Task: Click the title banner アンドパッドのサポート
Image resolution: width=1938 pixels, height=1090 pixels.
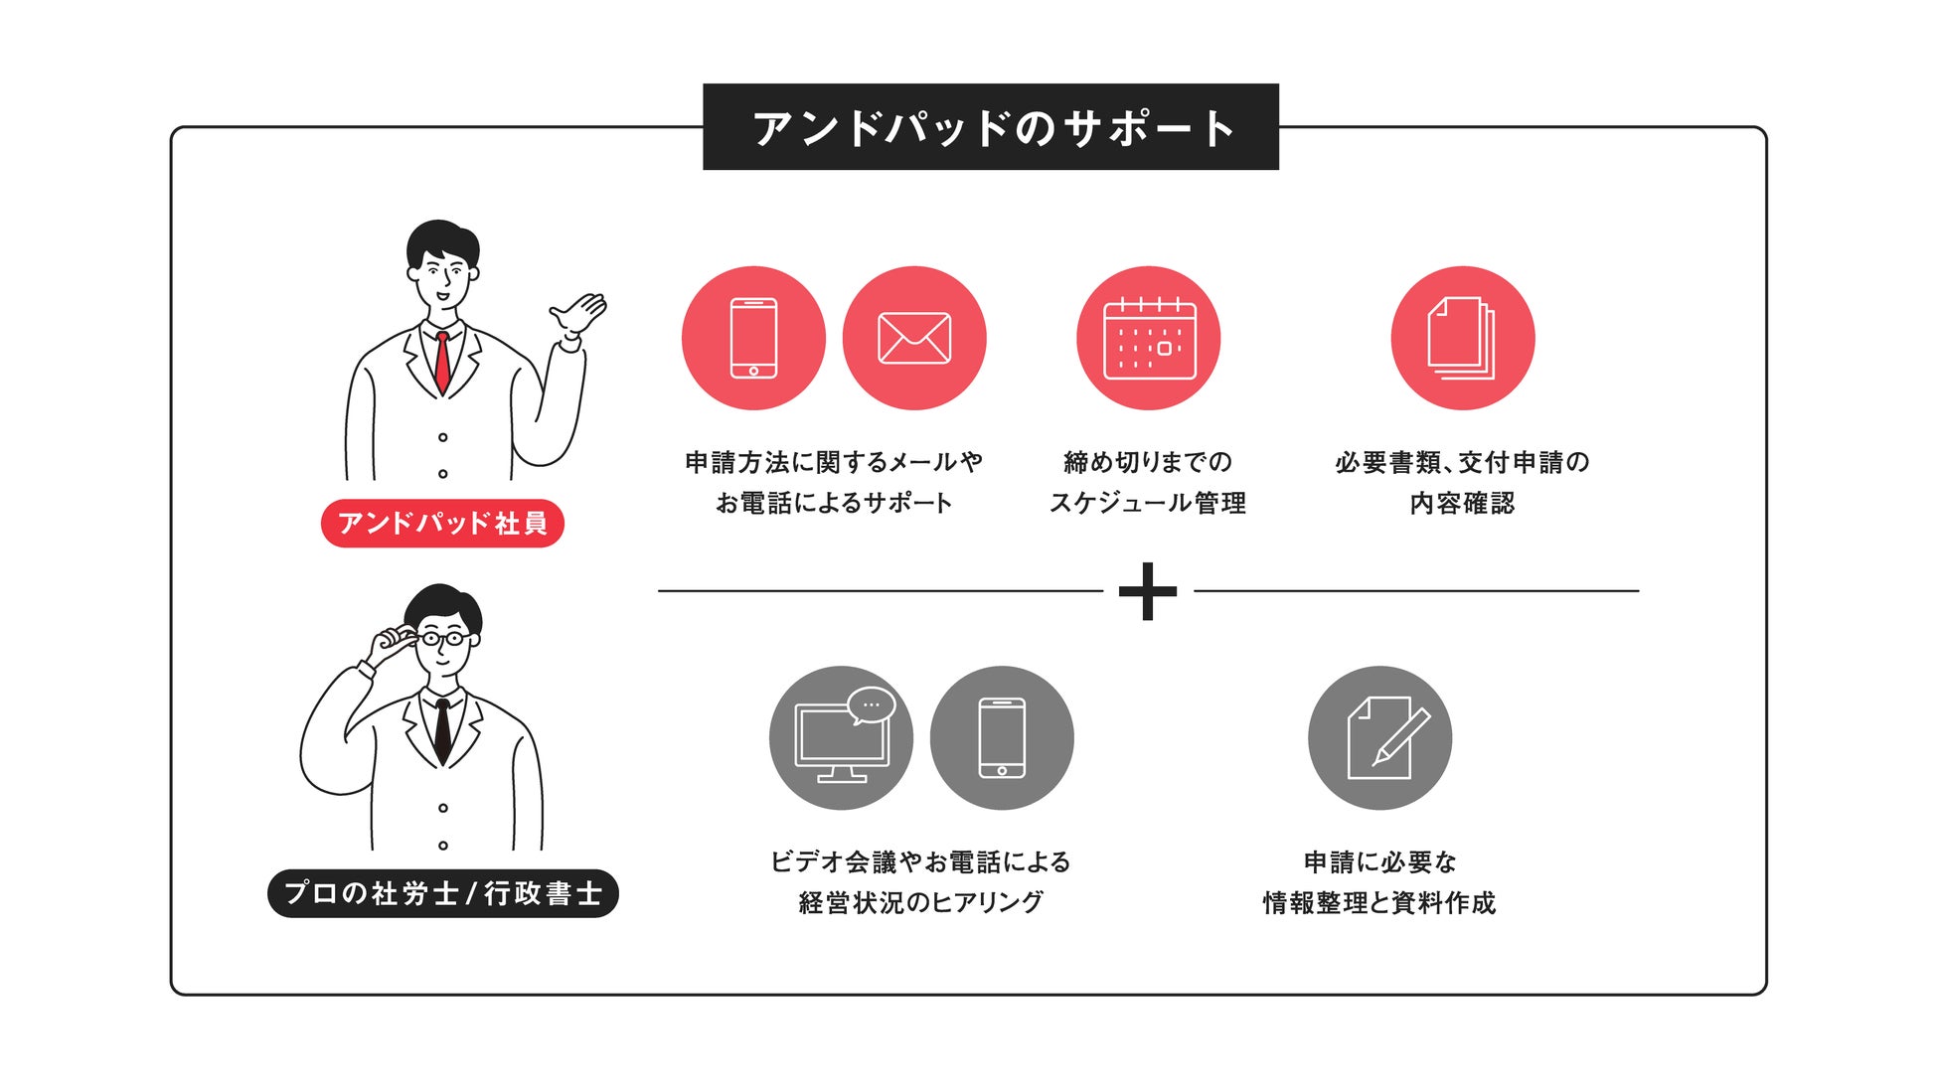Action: [x=990, y=127]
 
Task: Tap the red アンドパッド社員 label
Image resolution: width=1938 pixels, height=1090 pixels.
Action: [x=442, y=523]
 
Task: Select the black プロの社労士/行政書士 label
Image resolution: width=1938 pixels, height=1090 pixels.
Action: [x=443, y=893]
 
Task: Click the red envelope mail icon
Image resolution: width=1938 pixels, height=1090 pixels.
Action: [x=914, y=338]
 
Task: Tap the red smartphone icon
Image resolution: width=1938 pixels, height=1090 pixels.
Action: [x=753, y=338]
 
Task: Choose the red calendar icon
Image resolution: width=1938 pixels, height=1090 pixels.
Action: [x=1149, y=338]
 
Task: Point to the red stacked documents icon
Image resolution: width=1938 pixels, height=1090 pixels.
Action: [x=1462, y=338]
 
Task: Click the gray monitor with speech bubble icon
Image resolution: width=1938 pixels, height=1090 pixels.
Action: [x=842, y=738]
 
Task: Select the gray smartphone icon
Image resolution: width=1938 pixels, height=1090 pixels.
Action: [x=1002, y=738]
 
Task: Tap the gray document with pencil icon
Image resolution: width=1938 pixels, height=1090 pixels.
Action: [x=1379, y=738]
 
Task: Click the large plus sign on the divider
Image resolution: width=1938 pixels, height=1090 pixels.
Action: [x=1148, y=591]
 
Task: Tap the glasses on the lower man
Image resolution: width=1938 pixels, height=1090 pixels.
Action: [x=442, y=638]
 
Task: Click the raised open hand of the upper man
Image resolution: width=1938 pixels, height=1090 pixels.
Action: [x=578, y=316]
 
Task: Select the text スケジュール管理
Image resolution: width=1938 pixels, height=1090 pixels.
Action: [x=1148, y=504]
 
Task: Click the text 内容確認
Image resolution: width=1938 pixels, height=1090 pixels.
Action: [x=1462, y=504]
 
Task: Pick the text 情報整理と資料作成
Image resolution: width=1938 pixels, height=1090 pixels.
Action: [x=1379, y=903]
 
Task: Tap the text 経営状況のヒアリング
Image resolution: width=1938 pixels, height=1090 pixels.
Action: [x=921, y=903]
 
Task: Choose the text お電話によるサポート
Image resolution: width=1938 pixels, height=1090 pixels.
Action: [x=834, y=504]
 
